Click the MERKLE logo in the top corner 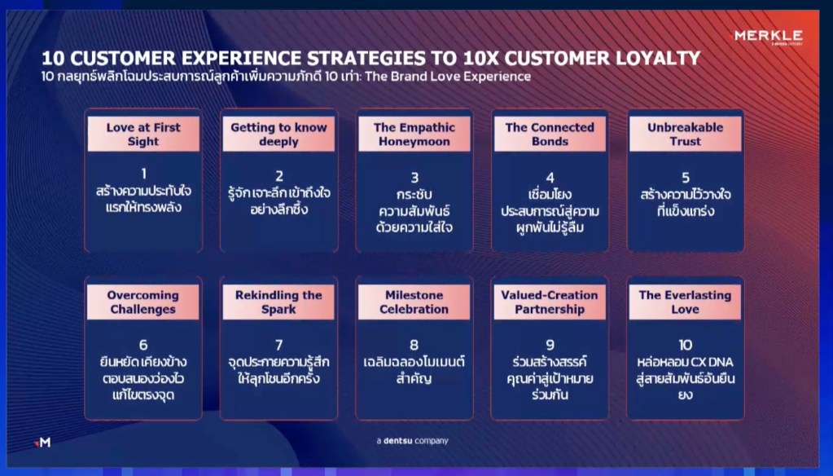point(768,37)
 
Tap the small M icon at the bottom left point(42,442)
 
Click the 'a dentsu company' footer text point(412,440)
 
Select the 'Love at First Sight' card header point(143,134)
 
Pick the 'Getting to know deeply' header point(278,134)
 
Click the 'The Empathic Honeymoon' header point(414,134)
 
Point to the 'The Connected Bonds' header point(550,134)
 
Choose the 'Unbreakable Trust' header point(686,134)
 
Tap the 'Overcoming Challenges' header point(143,302)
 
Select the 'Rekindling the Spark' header point(278,302)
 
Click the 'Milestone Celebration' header point(414,302)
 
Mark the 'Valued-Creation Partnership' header point(550,302)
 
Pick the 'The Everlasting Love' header point(685,302)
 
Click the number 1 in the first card point(143,174)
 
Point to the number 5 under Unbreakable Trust point(686,177)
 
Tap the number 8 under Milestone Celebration point(414,345)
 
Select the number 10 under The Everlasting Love point(686,345)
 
